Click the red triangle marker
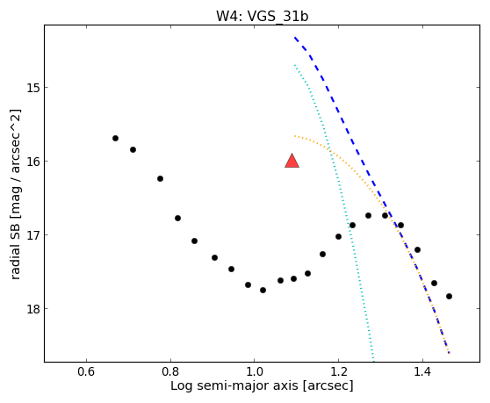292,162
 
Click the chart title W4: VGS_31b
263,16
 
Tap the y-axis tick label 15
32,88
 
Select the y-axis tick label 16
32,162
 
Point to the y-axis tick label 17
32,235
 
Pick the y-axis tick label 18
32,309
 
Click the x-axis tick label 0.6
86,372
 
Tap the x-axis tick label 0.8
170,372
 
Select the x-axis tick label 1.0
255,372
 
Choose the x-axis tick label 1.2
338,372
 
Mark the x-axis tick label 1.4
422,372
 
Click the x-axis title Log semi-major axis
234,385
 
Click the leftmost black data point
115,138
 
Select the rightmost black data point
449,296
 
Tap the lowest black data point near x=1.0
263,290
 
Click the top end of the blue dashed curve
295,38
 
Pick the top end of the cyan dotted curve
295,65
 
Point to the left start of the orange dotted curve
295,136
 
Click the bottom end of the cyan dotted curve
373,361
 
